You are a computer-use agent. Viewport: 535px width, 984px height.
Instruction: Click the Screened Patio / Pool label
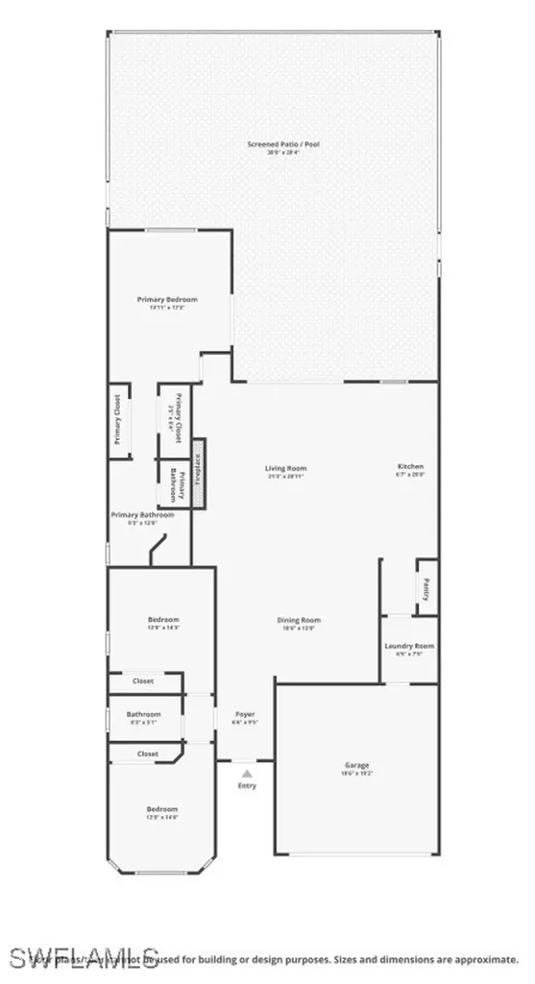282,144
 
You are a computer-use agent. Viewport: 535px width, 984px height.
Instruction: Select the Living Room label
286,468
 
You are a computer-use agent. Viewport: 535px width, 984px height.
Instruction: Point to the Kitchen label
410,467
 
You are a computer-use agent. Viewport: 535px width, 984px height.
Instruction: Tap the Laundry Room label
410,646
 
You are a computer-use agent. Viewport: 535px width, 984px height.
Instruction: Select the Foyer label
245,714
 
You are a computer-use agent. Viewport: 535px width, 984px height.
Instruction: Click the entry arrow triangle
247,773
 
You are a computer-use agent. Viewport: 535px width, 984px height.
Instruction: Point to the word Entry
247,786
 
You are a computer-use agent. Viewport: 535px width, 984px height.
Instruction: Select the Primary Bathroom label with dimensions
143,515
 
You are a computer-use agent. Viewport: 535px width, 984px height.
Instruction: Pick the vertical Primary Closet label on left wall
117,420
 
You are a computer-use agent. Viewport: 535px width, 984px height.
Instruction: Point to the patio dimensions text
282,153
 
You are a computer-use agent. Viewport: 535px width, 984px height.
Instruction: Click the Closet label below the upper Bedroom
143,680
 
